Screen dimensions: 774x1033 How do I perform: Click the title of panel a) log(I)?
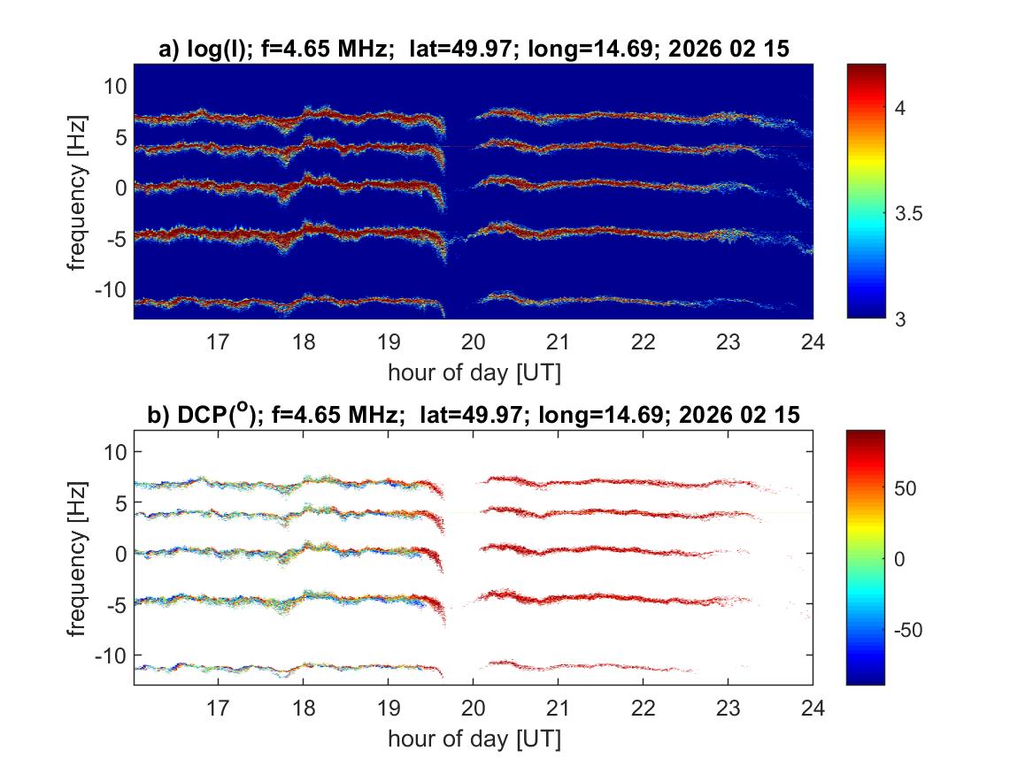coord(474,50)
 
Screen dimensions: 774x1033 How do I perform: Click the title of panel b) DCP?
coord(474,415)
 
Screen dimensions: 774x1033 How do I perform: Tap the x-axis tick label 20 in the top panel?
coord(474,341)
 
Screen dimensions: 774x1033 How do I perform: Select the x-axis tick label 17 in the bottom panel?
coord(219,708)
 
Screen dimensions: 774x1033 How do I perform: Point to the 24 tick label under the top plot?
coord(813,341)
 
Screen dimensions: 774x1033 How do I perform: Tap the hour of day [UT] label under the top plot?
coord(474,372)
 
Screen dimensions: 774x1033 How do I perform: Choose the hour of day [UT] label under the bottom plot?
coord(474,738)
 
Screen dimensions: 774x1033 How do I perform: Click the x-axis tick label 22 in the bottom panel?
coord(644,708)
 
